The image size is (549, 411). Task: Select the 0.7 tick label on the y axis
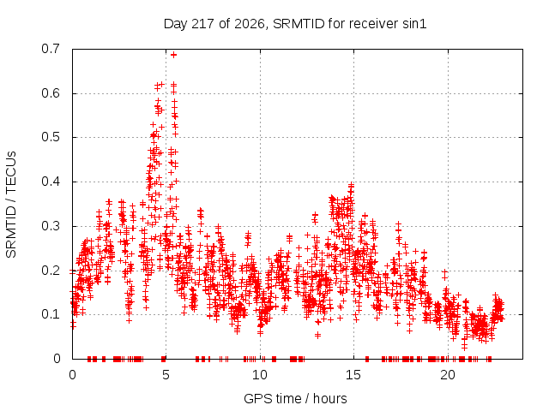pos(51,49)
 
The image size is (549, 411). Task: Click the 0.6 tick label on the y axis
pos(51,93)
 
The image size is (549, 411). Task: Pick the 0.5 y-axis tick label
pos(51,137)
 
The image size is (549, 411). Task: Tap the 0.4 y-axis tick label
pos(51,182)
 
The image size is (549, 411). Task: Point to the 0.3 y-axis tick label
pos(51,226)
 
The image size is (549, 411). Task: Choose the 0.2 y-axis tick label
pos(51,271)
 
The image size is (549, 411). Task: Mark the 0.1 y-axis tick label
pos(51,314)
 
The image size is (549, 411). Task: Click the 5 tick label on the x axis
pos(166,375)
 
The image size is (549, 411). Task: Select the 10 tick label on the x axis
pos(259,375)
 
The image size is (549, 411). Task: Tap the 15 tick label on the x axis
pos(353,375)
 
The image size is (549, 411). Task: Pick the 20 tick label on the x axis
pos(448,375)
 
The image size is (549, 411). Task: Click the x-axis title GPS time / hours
pos(295,399)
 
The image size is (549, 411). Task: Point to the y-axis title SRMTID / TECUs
pos(11,205)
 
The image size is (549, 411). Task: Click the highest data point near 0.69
pos(173,55)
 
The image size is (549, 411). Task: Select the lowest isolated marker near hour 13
pos(317,336)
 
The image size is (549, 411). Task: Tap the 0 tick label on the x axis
pos(72,375)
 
